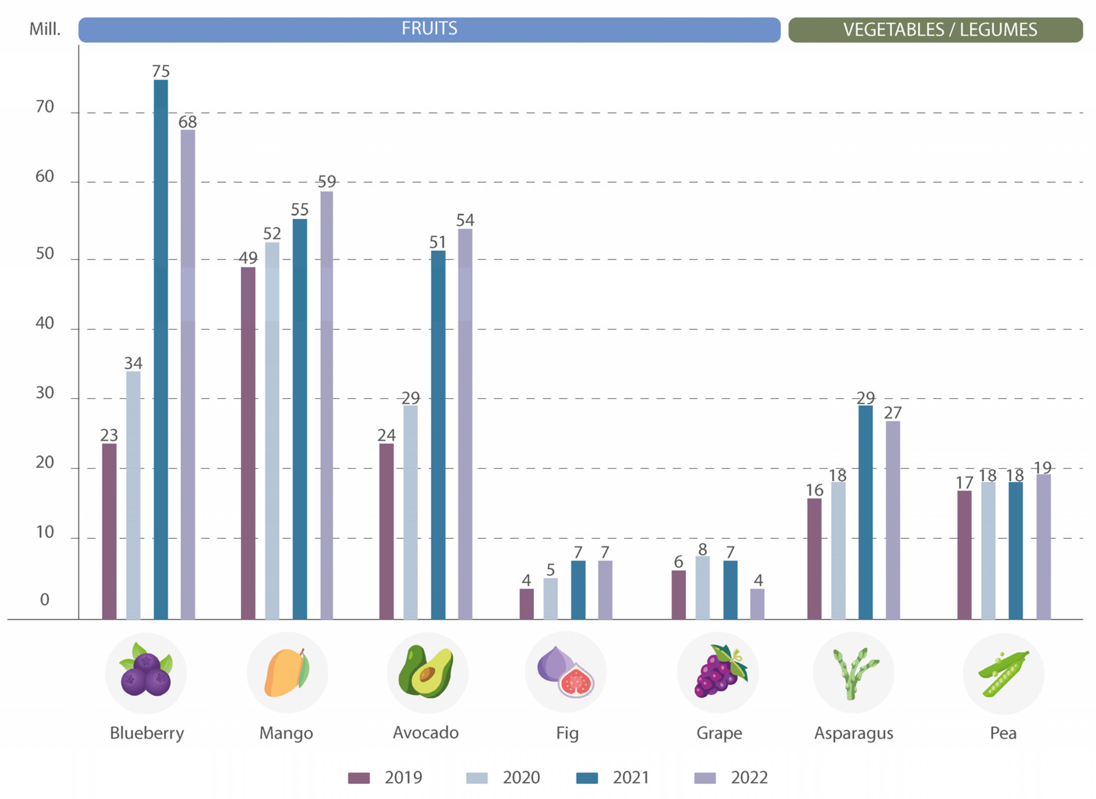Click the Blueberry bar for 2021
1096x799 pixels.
coord(161,348)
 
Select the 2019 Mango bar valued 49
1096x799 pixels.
coord(248,443)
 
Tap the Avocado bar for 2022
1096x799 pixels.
coord(465,423)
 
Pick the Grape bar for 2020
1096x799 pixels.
coord(702,587)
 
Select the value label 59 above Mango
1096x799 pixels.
coord(327,182)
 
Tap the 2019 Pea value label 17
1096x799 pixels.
coord(964,483)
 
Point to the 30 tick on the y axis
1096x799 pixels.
coord(44,393)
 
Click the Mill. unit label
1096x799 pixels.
coord(45,29)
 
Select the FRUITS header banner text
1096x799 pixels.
coord(429,29)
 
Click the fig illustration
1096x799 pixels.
coord(566,672)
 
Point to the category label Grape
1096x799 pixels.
coord(719,733)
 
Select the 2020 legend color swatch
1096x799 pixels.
coord(476,778)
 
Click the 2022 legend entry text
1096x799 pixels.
coord(749,778)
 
